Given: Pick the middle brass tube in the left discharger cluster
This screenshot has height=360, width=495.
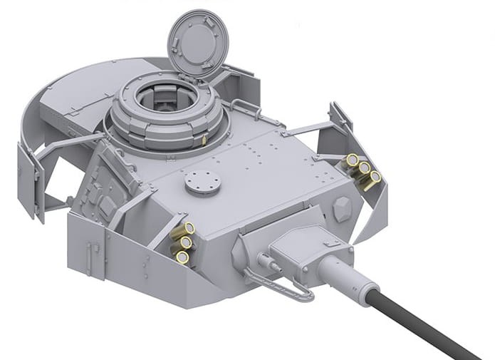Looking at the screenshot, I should [x=185, y=242].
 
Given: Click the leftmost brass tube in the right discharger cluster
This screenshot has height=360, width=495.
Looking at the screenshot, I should [x=352, y=160].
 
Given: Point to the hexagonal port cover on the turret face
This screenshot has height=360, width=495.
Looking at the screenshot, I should [x=340, y=208].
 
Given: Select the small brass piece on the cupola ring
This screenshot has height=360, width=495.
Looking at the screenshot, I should [x=204, y=140].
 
